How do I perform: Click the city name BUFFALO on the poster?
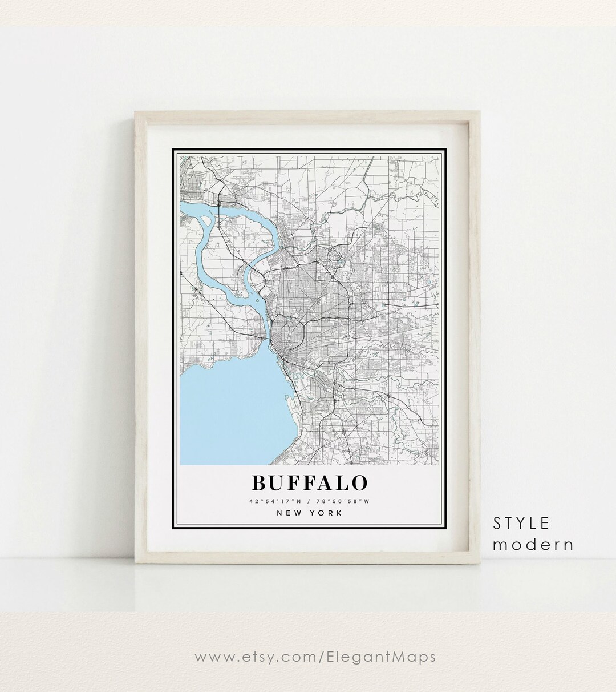309,483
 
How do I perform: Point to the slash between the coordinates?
309,501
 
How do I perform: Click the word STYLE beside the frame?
521,522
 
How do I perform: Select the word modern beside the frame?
533,544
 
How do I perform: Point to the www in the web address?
214,657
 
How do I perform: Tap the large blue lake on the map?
228,405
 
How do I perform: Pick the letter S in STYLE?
498,522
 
